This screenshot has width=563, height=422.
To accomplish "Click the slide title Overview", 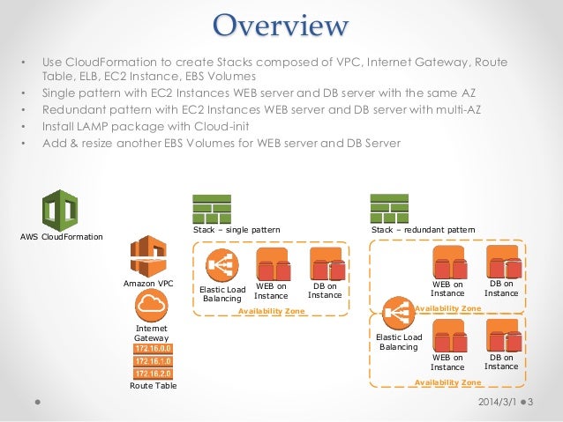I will click(281, 25).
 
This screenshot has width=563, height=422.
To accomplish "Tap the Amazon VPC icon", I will click(147, 256).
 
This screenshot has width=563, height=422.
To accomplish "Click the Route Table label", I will click(151, 386).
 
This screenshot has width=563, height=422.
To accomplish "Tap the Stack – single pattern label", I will click(236, 229).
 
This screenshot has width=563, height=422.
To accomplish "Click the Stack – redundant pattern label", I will click(423, 229).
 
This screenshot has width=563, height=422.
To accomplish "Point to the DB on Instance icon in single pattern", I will click(327, 263).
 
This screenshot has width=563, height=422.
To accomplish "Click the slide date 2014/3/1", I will click(496, 402).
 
